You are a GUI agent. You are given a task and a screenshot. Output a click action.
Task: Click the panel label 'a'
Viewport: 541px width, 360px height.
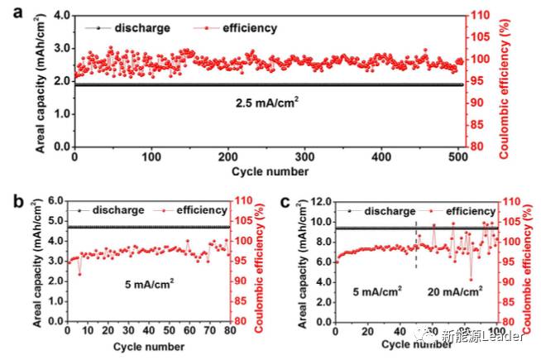(x=9, y=12)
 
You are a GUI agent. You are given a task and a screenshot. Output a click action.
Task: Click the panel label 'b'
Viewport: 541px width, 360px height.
(x=9, y=202)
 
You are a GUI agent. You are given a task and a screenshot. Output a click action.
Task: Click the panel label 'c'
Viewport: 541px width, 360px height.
(x=285, y=202)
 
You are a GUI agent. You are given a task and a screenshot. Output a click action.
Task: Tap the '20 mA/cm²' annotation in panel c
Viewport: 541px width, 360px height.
(x=454, y=291)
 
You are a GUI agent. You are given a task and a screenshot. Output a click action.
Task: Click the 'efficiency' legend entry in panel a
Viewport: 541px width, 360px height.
(x=249, y=28)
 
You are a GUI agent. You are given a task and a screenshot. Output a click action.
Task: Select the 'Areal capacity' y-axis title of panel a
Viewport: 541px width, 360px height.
(x=39, y=83)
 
